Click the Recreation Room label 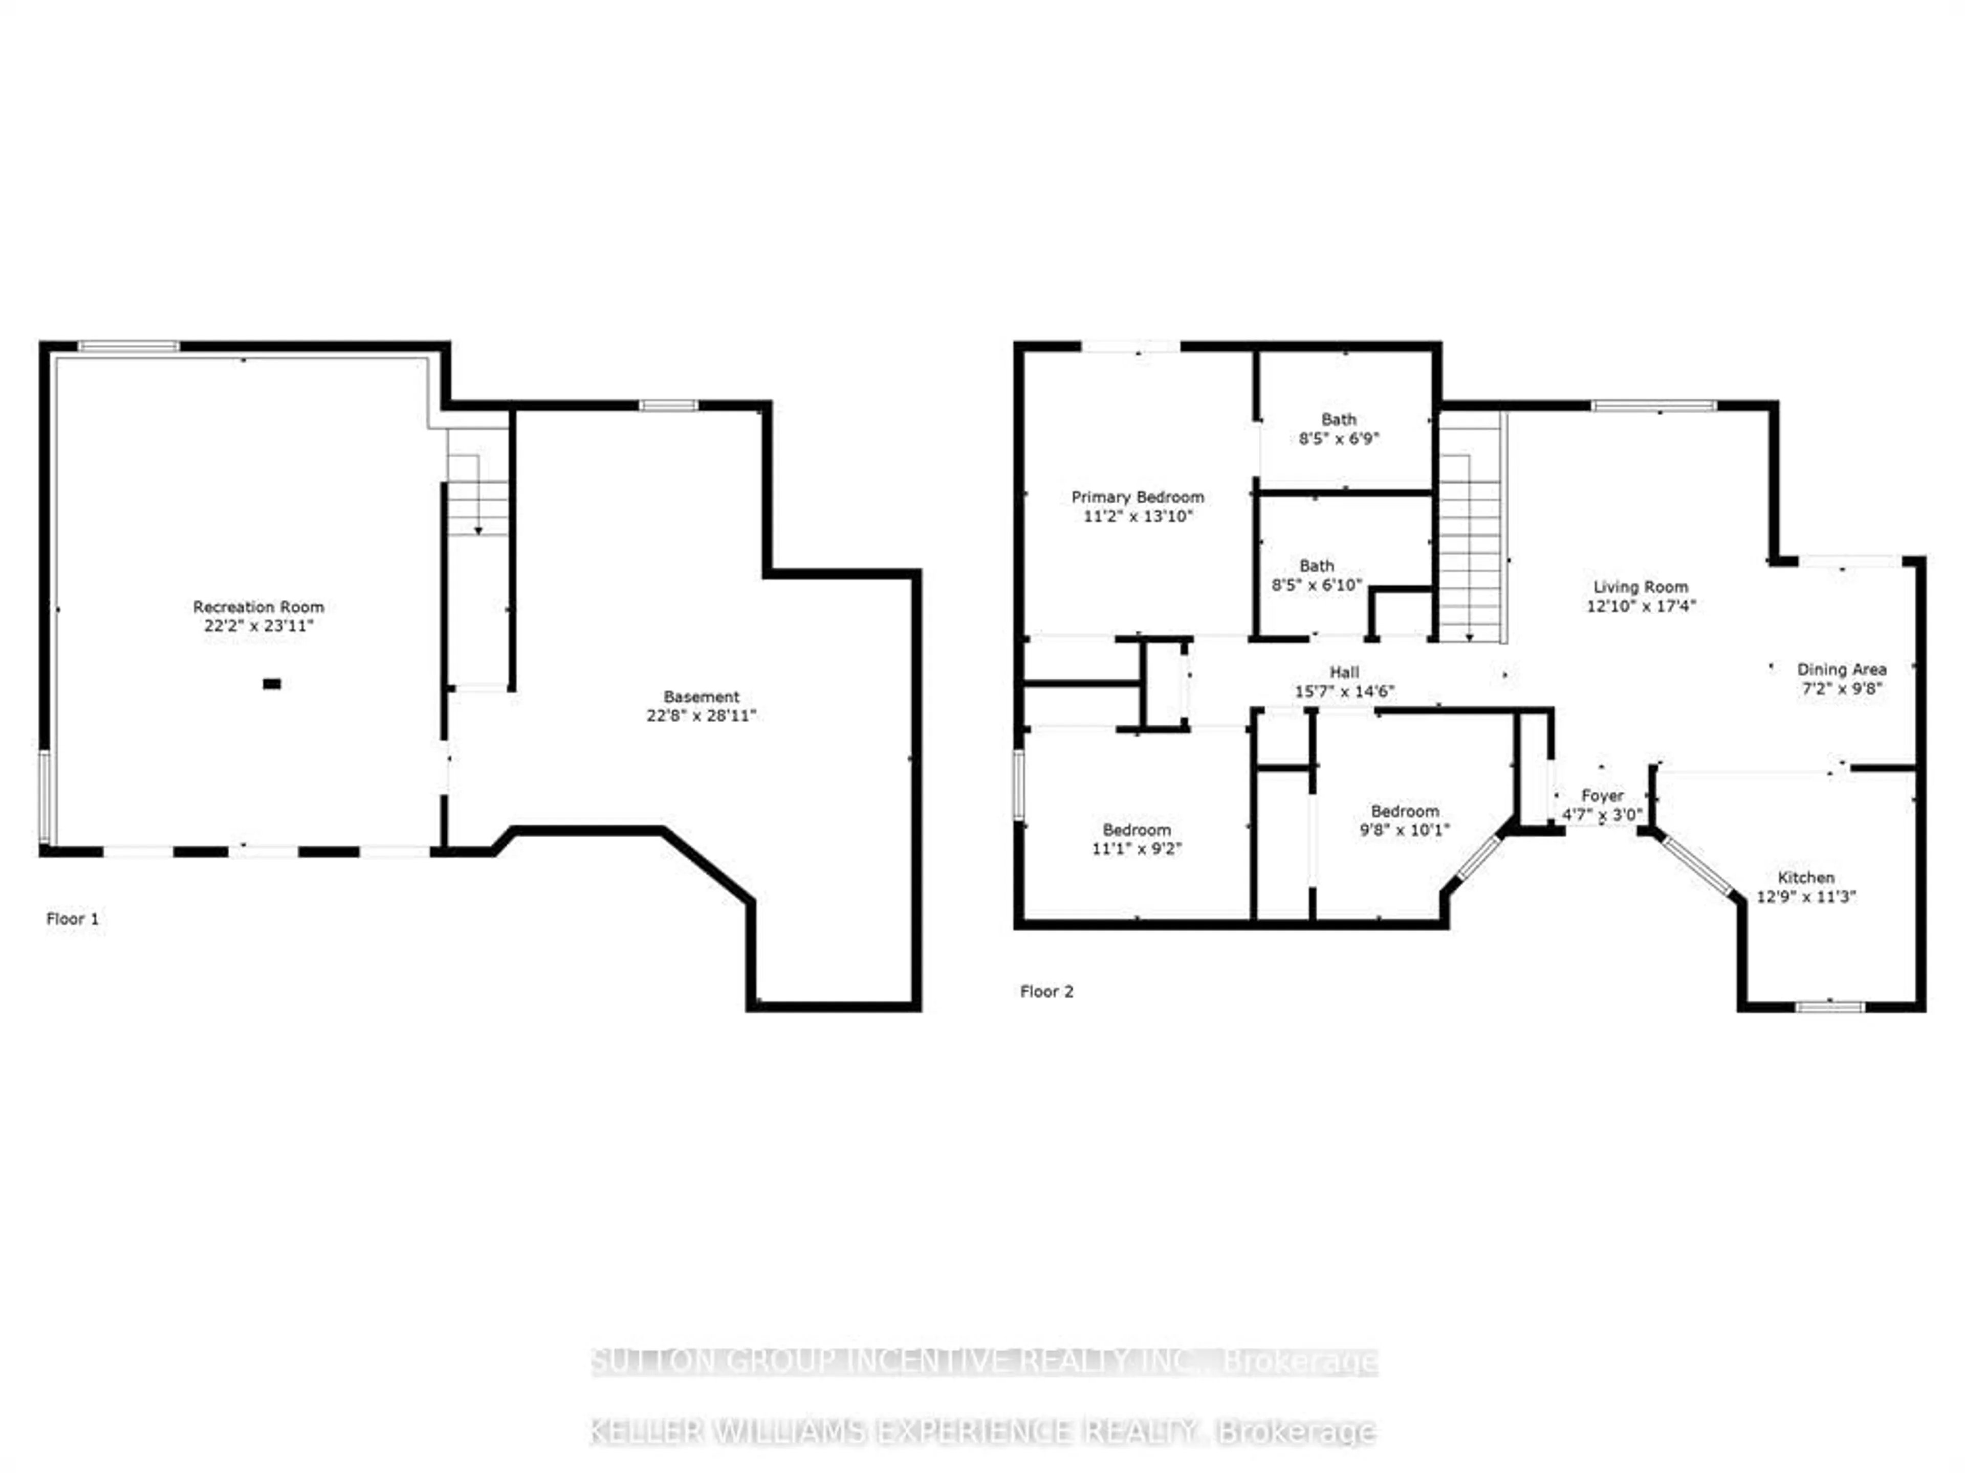click(x=258, y=607)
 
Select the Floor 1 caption click(x=73, y=919)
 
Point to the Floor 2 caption click(x=1046, y=992)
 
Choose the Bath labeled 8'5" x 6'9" click(x=1339, y=429)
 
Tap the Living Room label click(x=1640, y=587)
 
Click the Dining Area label click(x=1842, y=669)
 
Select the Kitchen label click(x=1806, y=877)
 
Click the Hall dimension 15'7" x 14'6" click(x=1344, y=691)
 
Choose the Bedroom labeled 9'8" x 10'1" click(x=1405, y=820)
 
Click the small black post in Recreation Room click(x=272, y=684)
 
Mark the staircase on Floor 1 click(x=478, y=497)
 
